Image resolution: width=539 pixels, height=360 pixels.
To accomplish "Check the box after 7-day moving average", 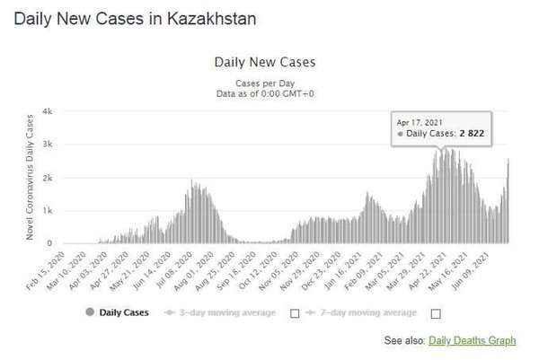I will (437, 313).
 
